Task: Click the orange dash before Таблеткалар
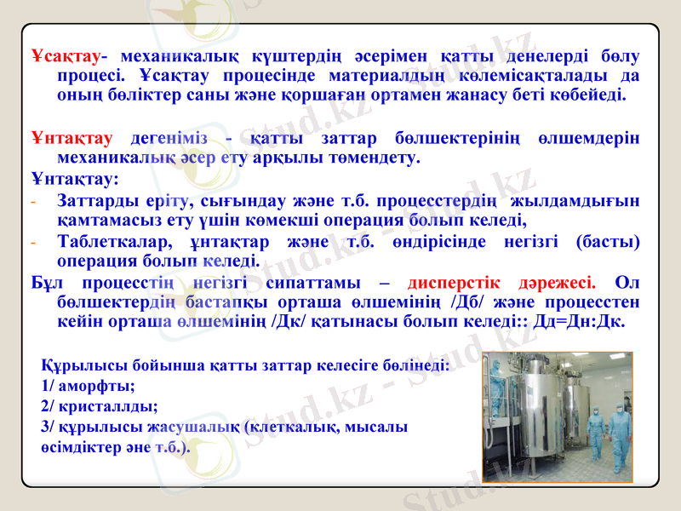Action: [33, 242]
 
